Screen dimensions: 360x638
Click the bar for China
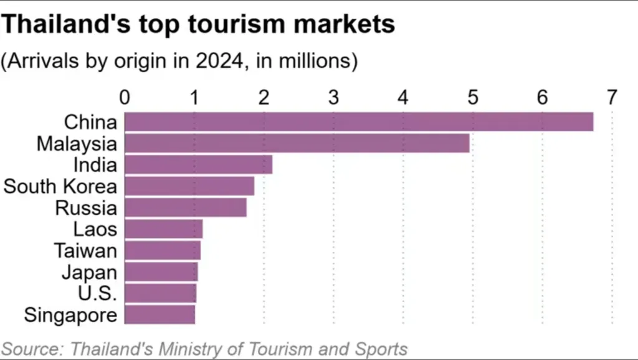click(359, 122)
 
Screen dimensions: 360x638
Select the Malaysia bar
click(297, 143)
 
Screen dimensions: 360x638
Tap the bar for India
click(199, 164)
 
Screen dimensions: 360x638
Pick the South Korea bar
click(189, 186)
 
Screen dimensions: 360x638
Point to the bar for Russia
click(186, 207)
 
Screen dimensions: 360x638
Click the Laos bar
click(164, 229)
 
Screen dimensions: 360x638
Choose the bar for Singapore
click(160, 315)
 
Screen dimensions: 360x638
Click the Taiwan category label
click(85, 250)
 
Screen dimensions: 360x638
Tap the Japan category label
click(89, 272)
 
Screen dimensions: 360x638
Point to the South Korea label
click(60, 186)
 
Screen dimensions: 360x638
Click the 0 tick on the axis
click(125, 98)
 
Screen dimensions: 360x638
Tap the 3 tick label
click(334, 98)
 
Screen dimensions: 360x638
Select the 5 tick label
click(473, 98)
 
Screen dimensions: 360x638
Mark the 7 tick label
click(612, 98)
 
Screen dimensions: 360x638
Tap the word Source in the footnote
click(33, 349)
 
